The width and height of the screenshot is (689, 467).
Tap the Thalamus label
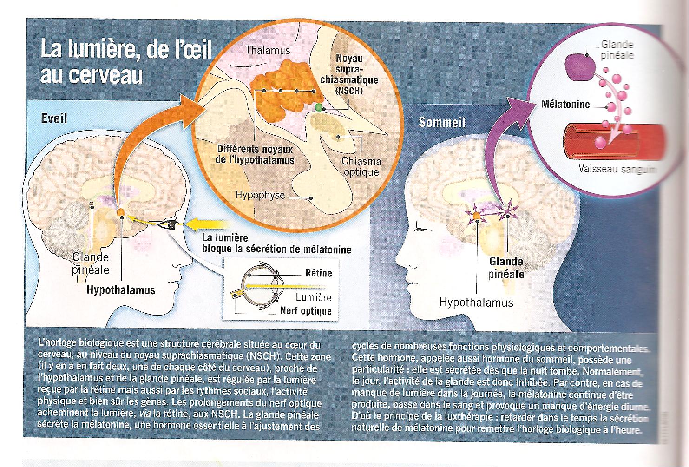pyautogui.click(x=268, y=50)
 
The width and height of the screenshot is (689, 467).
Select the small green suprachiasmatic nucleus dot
pyautogui.click(x=318, y=107)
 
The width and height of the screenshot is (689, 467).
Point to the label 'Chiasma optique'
pyautogui.click(x=361, y=167)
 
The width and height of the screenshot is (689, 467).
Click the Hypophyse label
pyautogui.click(x=260, y=195)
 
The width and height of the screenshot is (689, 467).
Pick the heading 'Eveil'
pyautogui.click(x=54, y=118)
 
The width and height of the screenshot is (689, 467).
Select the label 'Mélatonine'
pyautogui.click(x=565, y=105)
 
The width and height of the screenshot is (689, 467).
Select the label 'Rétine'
pyautogui.click(x=319, y=273)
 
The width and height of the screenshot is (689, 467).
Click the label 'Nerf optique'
pyautogui.click(x=305, y=311)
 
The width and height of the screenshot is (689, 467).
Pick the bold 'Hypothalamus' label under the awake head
pyautogui.click(x=121, y=290)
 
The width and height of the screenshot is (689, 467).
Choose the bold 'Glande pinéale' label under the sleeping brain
pyautogui.click(x=506, y=268)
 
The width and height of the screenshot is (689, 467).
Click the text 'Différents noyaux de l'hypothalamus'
pyautogui.click(x=256, y=155)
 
